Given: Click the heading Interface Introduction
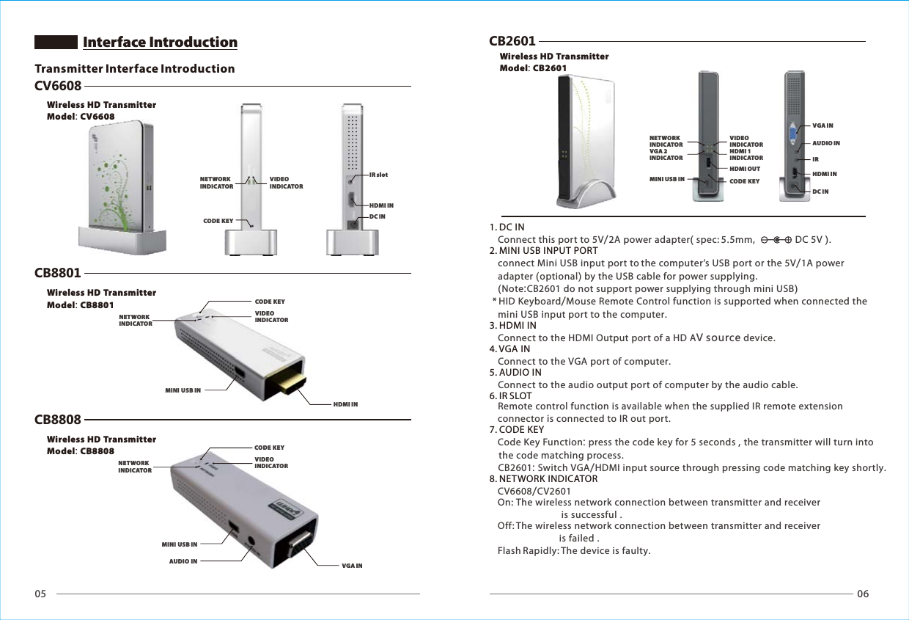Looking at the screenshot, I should tap(160, 43).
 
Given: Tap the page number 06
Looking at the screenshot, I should tap(862, 594).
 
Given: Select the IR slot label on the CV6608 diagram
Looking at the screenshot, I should tap(378, 175).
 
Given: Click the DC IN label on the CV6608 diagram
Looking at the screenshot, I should tap(378, 216).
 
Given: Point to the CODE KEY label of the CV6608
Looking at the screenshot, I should tap(218, 219).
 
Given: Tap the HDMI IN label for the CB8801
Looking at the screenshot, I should tap(345, 404).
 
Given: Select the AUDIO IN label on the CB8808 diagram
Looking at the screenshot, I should tap(183, 561).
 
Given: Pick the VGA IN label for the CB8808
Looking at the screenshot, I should tap(352, 566).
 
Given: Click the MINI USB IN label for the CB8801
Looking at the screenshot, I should tap(183, 390).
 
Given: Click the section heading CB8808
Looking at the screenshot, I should tap(58, 420).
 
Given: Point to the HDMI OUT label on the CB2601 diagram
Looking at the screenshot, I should tap(744, 169).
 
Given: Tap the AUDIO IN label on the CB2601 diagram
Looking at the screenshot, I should tap(826, 143).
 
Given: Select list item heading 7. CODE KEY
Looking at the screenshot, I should tap(517, 429).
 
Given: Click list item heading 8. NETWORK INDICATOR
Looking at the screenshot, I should tap(543, 479).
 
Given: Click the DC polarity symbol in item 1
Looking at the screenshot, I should tap(776, 239).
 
